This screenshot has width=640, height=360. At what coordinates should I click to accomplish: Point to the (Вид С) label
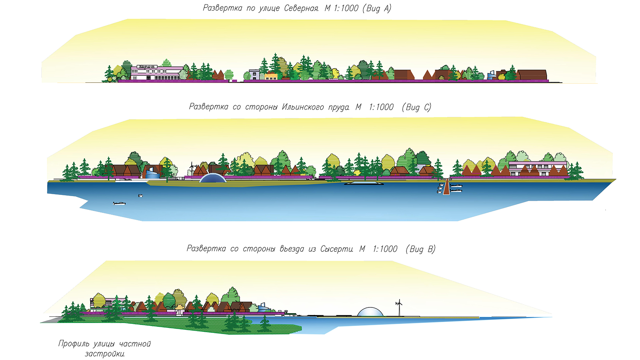[x=416, y=107]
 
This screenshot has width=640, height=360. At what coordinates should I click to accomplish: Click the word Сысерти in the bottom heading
[x=337, y=249]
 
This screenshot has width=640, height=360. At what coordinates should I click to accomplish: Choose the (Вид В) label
[x=420, y=249]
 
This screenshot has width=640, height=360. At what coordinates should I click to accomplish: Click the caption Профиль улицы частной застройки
[x=104, y=349]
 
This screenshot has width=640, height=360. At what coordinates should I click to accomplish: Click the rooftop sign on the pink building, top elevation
[x=147, y=67]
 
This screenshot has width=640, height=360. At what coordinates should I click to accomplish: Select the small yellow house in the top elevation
[x=270, y=77]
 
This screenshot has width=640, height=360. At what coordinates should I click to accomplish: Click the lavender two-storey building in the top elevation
[x=254, y=75]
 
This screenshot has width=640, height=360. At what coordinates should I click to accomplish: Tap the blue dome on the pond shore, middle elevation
[x=213, y=178]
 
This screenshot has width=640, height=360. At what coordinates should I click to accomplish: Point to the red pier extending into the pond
[x=446, y=188]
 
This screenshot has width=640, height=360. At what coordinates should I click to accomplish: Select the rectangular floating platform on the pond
[x=364, y=184]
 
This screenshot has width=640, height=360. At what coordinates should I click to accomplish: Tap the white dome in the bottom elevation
[x=370, y=312]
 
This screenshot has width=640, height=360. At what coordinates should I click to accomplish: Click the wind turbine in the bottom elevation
[x=399, y=307]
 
